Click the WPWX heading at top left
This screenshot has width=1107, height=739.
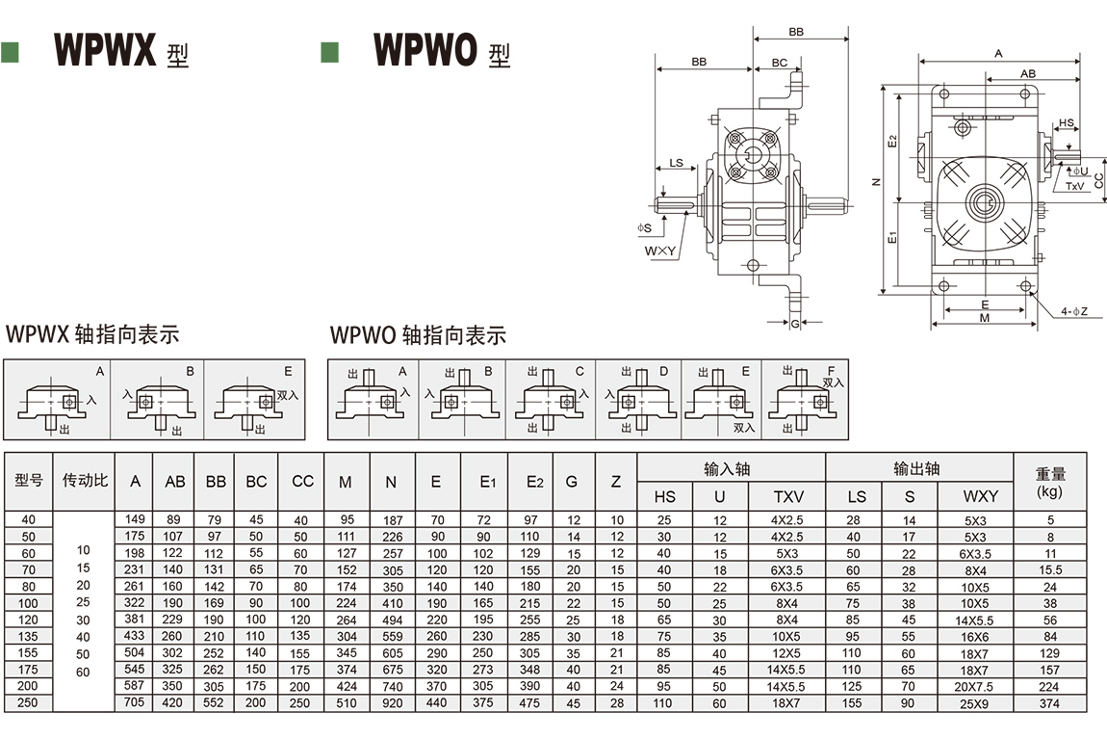tap(106, 51)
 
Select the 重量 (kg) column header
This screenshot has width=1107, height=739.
tap(1048, 482)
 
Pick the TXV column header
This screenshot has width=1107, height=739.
tap(788, 496)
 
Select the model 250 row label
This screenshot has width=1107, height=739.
tap(28, 703)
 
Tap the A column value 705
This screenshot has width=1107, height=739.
tap(136, 703)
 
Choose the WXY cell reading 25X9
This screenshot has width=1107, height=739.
tap(976, 703)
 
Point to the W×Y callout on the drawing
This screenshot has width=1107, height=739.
tap(660, 251)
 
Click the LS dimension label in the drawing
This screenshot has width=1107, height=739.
tap(676, 163)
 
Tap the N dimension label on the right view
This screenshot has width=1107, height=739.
tap(875, 182)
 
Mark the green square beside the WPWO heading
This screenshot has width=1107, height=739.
tap(330, 52)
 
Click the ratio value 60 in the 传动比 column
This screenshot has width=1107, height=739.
tap(83, 672)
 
